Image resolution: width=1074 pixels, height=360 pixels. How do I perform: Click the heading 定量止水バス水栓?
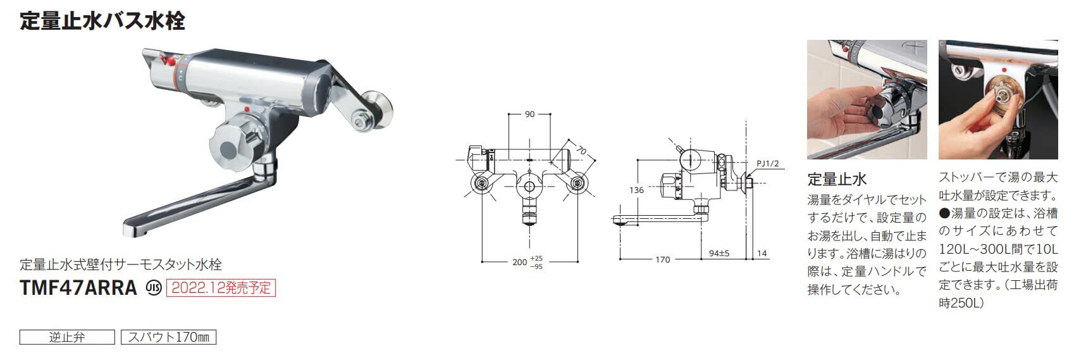pyautogui.click(x=102, y=22)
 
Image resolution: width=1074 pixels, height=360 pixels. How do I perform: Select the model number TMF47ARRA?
pyautogui.click(x=78, y=288)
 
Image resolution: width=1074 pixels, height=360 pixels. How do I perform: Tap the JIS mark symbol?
pyautogui.click(x=154, y=288)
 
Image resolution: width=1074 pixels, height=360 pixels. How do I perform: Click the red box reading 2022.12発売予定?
pyautogui.click(x=221, y=288)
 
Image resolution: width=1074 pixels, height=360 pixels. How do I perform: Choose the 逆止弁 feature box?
pyautogui.click(x=67, y=337)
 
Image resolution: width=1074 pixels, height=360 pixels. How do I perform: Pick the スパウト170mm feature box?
pyautogui.click(x=169, y=337)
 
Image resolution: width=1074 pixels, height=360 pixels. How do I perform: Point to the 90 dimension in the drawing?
pyautogui.click(x=529, y=114)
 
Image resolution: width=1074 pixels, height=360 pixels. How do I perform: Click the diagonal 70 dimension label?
pyautogui.click(x=581, y=151)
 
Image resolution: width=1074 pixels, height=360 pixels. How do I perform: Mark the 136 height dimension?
pyautogui.click(x=637, y=190)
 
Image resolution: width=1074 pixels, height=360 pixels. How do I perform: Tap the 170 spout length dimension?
pyautogui.click(x=663, y=260)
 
